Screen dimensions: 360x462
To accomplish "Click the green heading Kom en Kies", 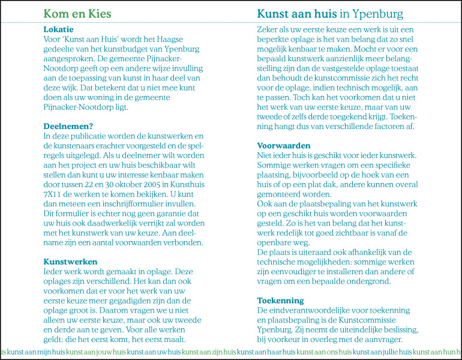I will (x=77, y=14).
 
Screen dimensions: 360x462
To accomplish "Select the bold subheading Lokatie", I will (x=58, y=29).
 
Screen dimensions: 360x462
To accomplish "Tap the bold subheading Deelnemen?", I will (x=67, y=126).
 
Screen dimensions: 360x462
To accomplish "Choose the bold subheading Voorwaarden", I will (x=284, y=145).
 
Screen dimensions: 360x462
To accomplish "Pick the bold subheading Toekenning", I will (x=280, y=300).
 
